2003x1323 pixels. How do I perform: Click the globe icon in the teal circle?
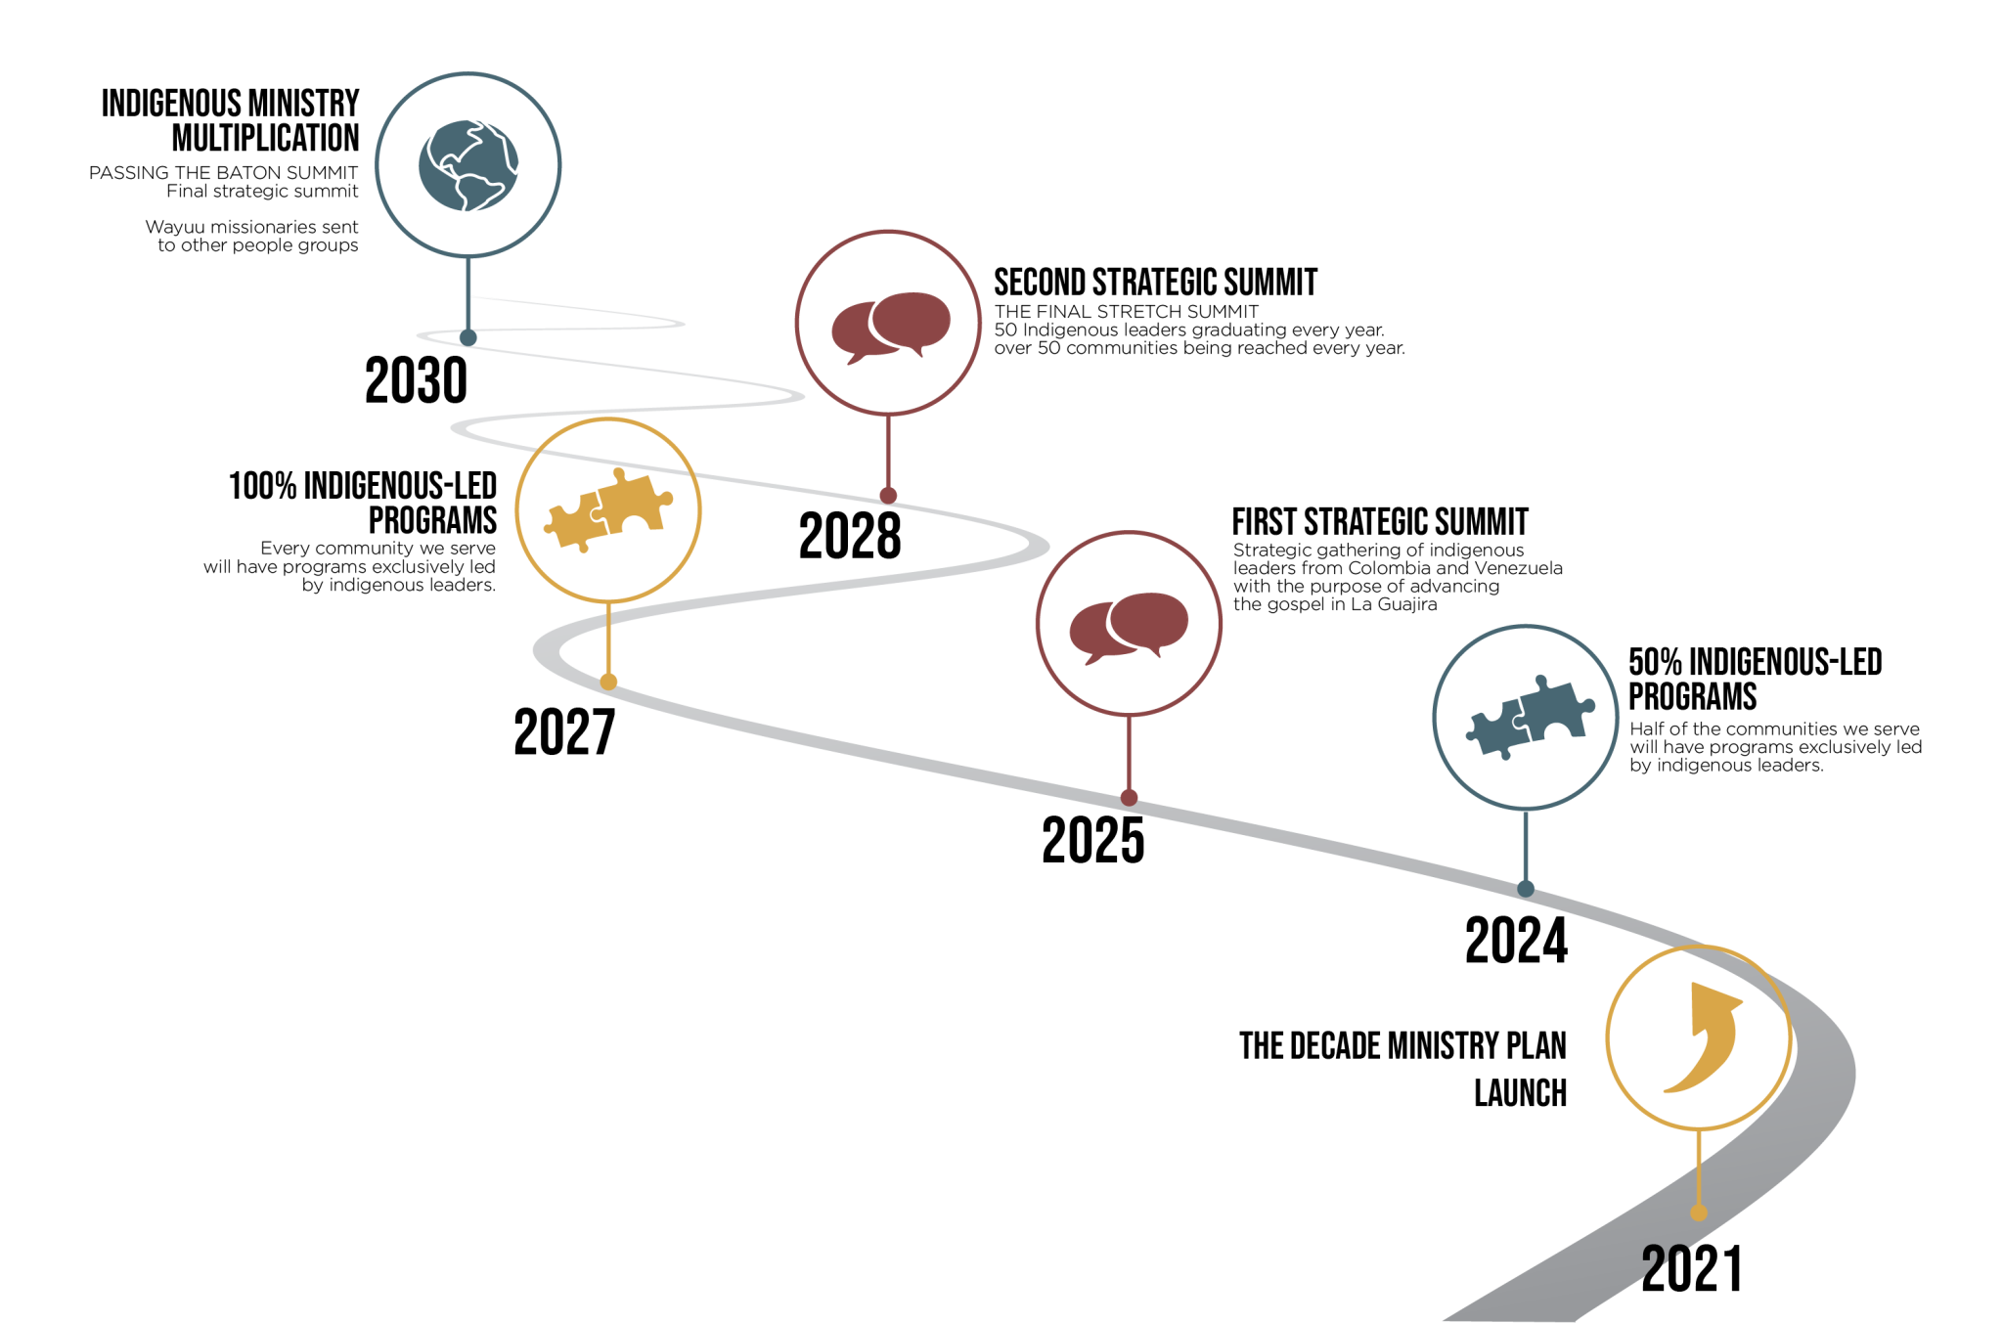[x=468, y=165]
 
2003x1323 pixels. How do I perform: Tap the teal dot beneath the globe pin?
[x=468, y=338]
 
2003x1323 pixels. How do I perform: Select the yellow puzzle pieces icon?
[x=608, y=509]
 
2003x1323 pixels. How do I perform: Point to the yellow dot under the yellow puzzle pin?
[x=608, y=682]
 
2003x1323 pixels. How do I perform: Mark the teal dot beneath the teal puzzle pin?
[x=1526, y=889]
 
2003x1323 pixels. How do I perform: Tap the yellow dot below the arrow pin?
[x=1699, y=1213]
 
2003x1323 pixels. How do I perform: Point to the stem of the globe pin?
[x=468, y=293]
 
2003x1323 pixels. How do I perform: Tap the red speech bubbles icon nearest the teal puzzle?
[x=1129, y=626]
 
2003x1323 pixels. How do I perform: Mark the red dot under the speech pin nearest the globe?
[x=888, y=496]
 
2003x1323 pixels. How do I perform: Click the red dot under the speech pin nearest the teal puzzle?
[x=1129, y=798]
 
